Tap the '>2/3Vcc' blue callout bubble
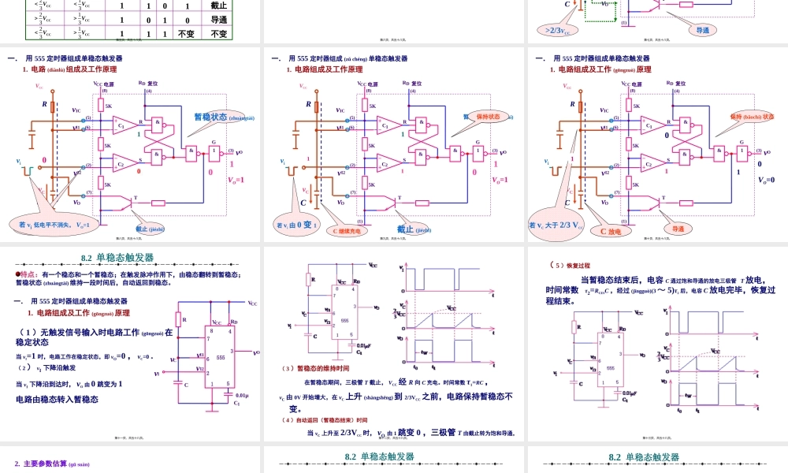click(x=558, y=31)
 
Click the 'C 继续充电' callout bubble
click(x=346, y=231)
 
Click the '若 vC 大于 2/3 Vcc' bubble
click(x=556, y=226)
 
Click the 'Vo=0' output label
click(x=766, y=180)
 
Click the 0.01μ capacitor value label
click(x=242, y=395)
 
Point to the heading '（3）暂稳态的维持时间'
click(x=315, y=368)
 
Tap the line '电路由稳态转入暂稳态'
click(x=58, y=400)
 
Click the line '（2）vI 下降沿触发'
click(x=46, y=368)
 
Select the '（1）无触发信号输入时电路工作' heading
click(x=94, y=332)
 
